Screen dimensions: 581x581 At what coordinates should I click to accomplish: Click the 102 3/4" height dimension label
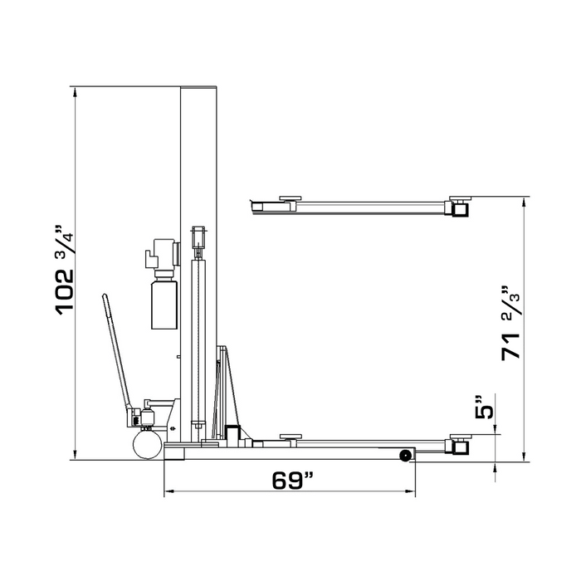point(66,270)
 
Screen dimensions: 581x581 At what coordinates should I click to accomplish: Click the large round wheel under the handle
point(148,446)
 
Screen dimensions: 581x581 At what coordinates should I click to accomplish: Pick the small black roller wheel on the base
point(406,455)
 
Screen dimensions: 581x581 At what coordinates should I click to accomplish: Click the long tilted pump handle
point(115,353)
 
